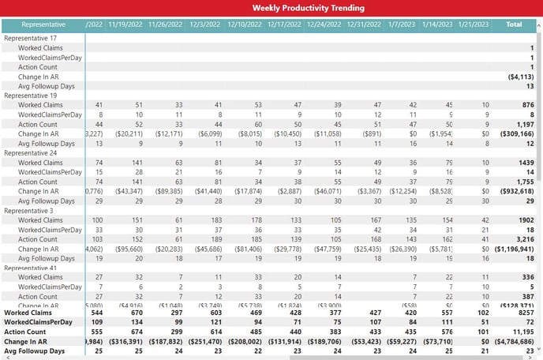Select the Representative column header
tap(43, 24)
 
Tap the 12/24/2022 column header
tap(325, 24)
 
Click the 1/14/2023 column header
tap(436, 24)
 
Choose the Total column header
tap(514, 24)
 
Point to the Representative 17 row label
tap(31, 38)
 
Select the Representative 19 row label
tap(31, 95)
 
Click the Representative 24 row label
tap(31, 152)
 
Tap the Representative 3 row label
tap(29, 209)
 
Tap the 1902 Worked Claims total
tap(522, 219)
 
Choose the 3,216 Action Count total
tap(522, 238)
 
